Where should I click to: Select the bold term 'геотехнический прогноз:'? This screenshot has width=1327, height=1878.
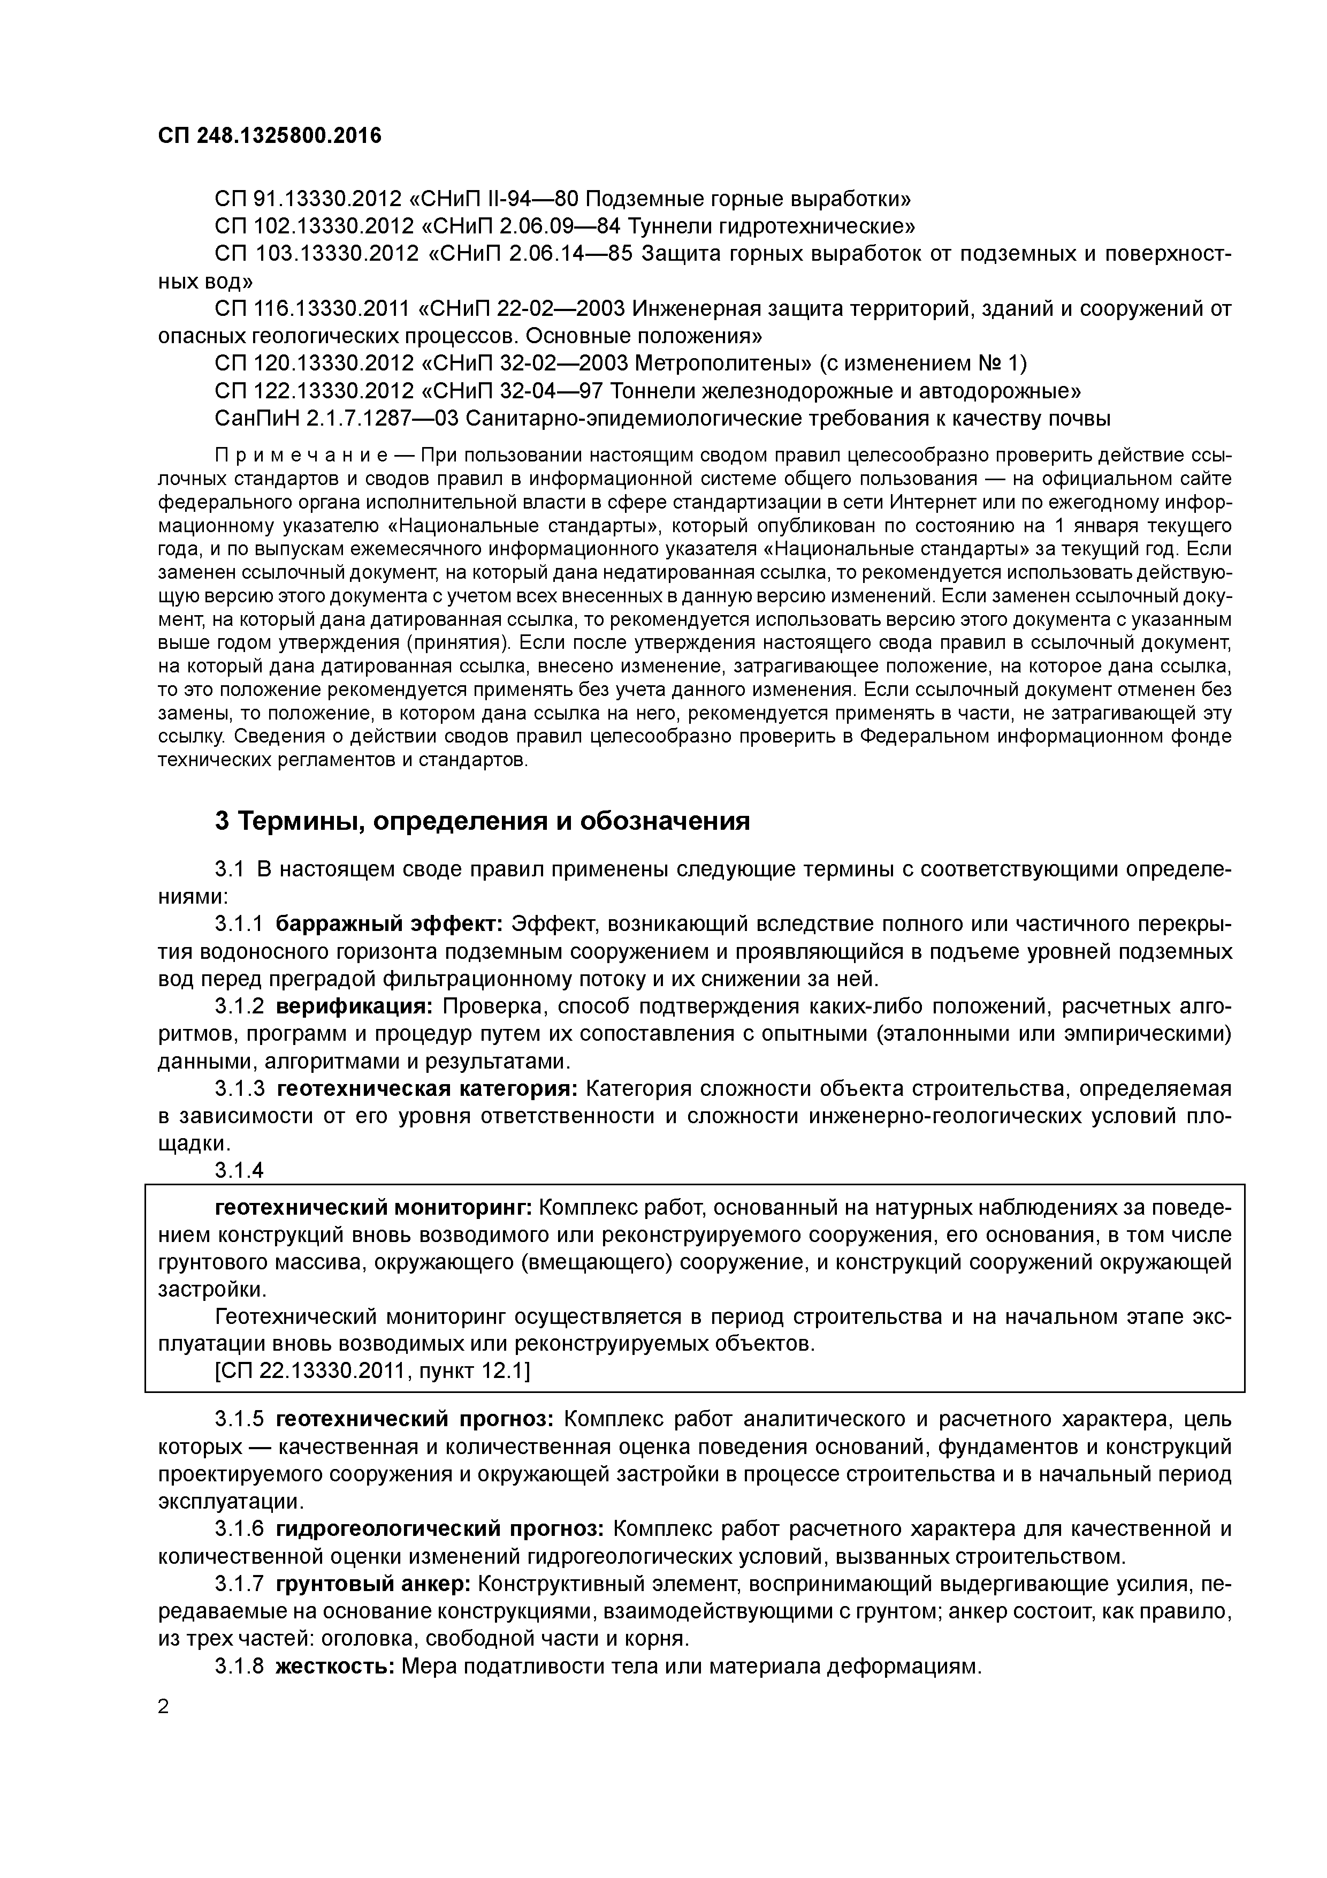pos(415,1418)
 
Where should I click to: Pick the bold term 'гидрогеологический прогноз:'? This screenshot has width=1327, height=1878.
pos(440,1528)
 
